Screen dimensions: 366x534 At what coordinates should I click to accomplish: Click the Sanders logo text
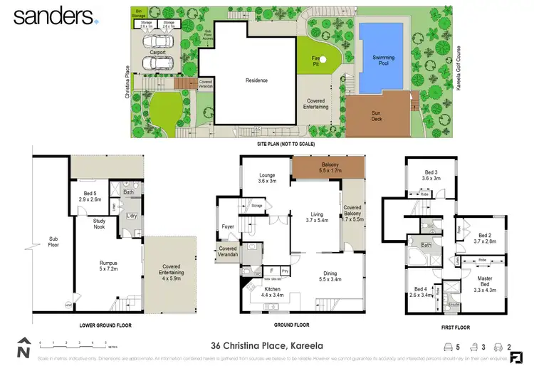click(53, 16)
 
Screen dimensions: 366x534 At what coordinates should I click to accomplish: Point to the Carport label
click(157, 51)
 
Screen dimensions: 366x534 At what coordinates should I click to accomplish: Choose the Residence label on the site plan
click(256, 80)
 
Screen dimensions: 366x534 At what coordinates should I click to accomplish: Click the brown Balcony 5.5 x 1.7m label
click(328, 169)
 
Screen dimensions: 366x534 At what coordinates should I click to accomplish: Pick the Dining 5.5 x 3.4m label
click(330, 276)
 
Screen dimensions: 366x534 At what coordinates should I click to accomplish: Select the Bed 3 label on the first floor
click(431, 175)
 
